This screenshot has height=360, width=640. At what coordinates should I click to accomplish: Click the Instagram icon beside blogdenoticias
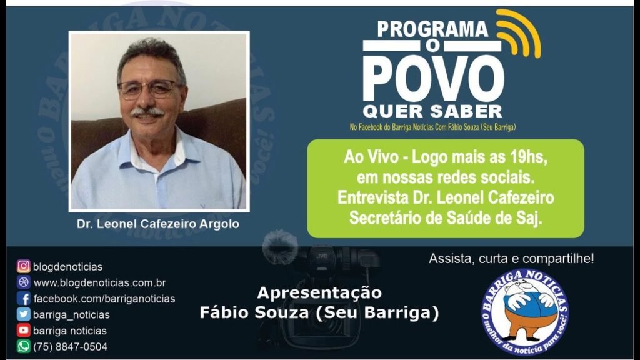23,266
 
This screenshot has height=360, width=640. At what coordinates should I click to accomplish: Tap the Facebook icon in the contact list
23,298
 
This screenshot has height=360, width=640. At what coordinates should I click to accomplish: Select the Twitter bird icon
23,314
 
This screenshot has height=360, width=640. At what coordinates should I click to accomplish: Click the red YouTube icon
23,330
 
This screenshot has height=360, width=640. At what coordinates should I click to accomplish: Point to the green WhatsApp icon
23,346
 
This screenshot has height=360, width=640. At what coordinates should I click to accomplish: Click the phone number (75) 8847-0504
70,347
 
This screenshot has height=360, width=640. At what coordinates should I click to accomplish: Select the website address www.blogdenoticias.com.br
99,282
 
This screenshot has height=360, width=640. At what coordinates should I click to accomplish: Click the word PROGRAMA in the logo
432,29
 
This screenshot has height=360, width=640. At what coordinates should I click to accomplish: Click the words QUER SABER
432,111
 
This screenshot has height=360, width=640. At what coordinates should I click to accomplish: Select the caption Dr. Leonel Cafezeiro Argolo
158,224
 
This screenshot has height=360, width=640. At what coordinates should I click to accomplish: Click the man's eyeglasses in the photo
149,89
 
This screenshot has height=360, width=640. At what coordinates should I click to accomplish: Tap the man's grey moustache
147,111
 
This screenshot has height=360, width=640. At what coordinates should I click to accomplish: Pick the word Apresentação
319,293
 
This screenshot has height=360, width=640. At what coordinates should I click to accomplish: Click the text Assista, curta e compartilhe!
511,259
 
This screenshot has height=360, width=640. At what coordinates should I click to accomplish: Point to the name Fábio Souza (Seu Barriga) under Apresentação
319,313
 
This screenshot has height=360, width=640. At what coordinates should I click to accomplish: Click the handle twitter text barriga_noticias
71,315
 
